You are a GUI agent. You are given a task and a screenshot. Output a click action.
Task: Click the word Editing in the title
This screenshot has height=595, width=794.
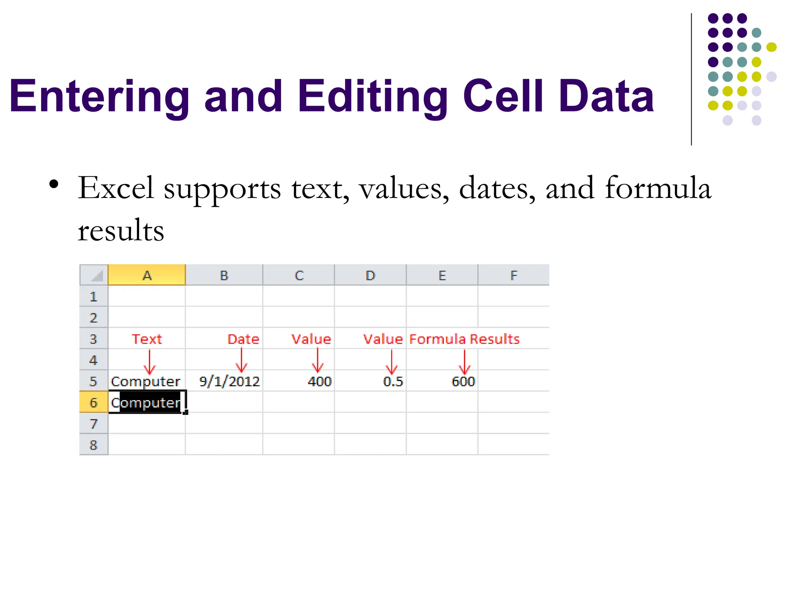372,96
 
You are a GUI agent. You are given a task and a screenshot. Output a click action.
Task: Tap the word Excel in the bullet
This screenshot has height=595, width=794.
116,188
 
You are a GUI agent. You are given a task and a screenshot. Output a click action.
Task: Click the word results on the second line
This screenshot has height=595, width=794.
121,231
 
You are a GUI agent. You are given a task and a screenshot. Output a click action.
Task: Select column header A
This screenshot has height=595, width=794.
147,275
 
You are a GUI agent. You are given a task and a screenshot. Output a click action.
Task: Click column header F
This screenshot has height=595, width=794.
513,275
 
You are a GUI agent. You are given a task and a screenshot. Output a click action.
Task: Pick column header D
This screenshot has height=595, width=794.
370,275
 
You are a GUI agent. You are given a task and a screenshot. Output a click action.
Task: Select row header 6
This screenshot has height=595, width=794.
93,402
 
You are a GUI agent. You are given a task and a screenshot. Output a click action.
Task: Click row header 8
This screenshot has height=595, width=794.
93,445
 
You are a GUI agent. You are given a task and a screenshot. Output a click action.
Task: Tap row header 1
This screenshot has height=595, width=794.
93,297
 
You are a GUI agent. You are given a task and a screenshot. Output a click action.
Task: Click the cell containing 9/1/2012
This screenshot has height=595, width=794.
229,382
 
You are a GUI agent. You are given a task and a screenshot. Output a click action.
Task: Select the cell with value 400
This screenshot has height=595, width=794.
319,382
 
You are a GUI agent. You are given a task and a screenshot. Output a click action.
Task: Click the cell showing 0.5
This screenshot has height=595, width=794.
393,382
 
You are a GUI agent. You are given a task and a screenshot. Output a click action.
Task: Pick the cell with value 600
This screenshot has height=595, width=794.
463,382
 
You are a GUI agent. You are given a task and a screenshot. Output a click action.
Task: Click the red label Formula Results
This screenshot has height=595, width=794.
464,339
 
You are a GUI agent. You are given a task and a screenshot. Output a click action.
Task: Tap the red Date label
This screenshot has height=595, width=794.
243,339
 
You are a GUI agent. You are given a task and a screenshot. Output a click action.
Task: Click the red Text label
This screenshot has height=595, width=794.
147,339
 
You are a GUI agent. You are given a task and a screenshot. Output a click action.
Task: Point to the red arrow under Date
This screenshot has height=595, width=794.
242,360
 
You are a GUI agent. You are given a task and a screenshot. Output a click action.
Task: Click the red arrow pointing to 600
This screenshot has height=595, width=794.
464,362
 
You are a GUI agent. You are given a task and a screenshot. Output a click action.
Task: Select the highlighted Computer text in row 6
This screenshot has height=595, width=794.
149,403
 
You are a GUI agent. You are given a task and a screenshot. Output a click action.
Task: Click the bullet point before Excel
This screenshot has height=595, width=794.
54,184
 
